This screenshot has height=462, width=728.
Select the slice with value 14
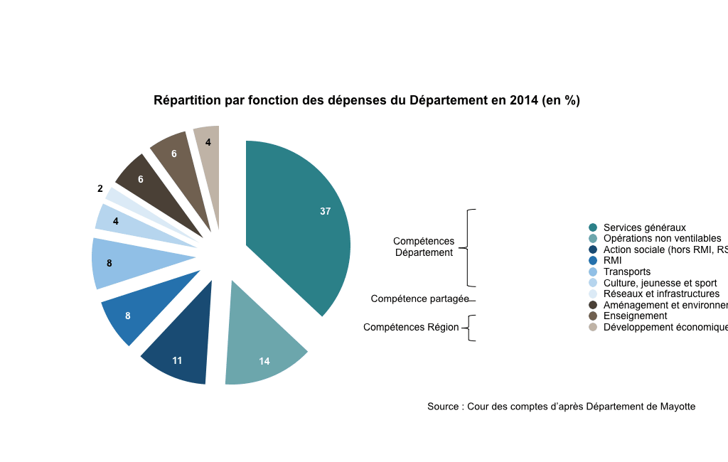(263, 348)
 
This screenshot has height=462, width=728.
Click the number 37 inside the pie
(326, 211)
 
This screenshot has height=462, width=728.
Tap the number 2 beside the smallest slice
(100, 189)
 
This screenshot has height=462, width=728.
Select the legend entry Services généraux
(644, 227)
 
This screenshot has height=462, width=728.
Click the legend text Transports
(626, 272)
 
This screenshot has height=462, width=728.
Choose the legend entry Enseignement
(635, 316)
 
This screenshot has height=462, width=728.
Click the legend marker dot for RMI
(593, 261)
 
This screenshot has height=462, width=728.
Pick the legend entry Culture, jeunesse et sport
(660, 283)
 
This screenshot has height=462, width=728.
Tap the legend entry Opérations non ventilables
(662, 238)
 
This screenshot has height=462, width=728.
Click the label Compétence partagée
(419, 299)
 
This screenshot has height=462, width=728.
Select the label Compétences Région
(411, 328)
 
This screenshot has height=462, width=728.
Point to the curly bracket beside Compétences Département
(469, 247)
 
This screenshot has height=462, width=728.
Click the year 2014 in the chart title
(524, 101)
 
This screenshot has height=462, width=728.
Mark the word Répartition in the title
(187, 101)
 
